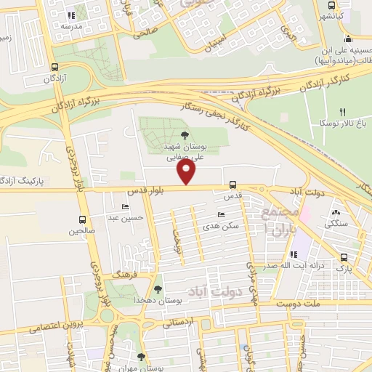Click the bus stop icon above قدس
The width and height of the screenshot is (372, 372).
[232, 185]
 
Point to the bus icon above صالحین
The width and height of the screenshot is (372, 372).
[82, 219]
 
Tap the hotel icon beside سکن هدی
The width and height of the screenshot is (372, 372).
[221, 215]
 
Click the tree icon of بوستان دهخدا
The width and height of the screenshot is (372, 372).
[158, 289]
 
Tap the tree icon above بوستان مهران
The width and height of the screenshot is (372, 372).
[141, 356]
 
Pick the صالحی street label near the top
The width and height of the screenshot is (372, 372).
[145, 33]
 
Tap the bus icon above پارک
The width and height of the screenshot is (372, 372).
[344, 256]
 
